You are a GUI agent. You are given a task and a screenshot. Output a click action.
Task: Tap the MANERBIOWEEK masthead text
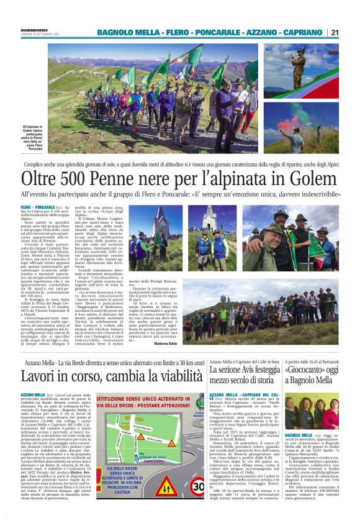pyautogui.click(x=35, y=27)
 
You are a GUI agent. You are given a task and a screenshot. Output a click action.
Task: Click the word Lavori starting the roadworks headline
pyautogui.click(x=38, y=359)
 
